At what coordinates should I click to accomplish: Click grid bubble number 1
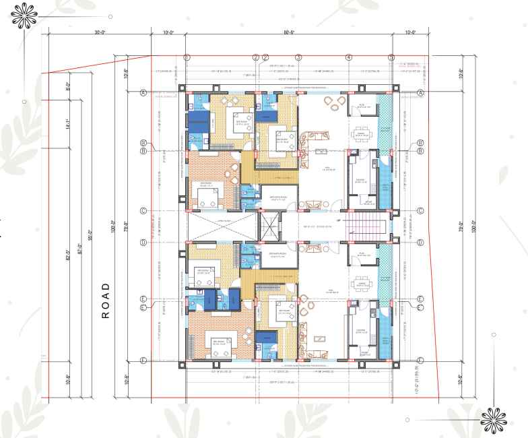[187, 57]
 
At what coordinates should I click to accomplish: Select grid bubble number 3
[298, 57]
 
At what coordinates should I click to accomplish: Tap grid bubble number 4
[348, 57]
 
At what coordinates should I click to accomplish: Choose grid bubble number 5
[391, 57]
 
